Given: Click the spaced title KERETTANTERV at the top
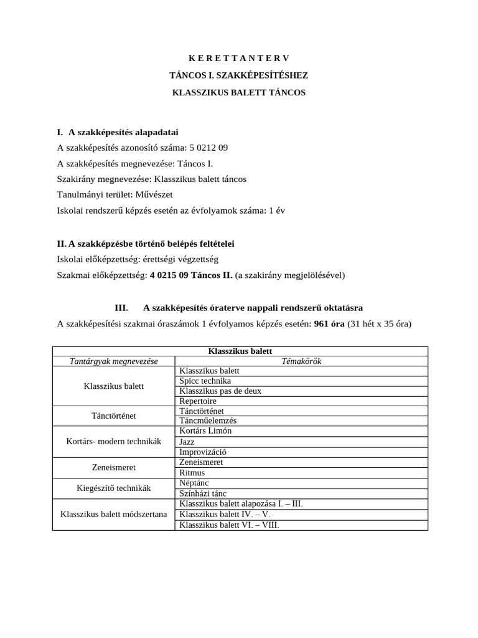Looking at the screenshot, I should (239, 59).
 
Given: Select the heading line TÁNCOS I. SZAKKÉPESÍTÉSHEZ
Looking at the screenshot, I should (239, 75).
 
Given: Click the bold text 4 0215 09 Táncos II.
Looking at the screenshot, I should (190, 275).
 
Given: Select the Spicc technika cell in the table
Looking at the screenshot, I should (205, 381).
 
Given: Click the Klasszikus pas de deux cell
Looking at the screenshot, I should (220, 391).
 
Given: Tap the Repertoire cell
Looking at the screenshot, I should (197, 401).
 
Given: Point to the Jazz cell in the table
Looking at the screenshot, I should (187, 441).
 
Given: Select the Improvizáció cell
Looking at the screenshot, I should (202, 452).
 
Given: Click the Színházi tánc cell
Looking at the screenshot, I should (202, 493).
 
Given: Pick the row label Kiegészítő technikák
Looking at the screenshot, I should (113, 488).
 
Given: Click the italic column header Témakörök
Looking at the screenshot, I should (301, 361).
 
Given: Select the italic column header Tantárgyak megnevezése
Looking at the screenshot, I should (113, 361).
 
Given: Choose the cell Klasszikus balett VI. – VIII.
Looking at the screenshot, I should (229, 525).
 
